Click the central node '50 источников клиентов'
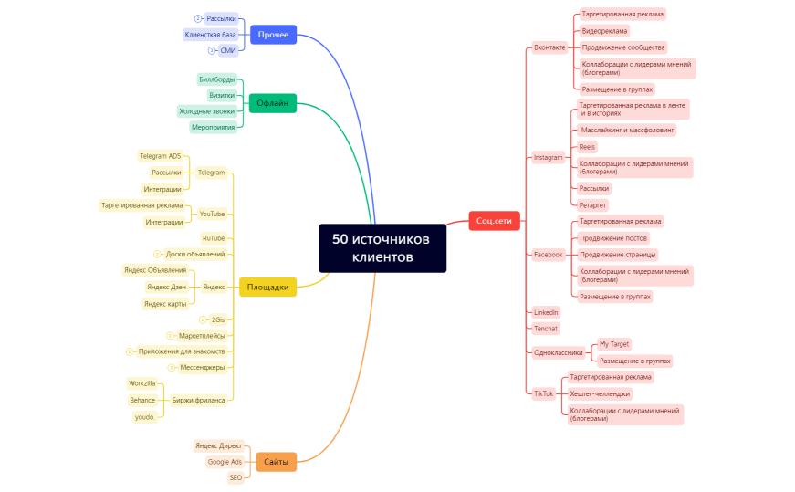pos(382,248)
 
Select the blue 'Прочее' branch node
pos(273,35)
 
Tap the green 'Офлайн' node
pos(272,103)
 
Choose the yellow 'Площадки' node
pos(267,288)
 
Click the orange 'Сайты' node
pos(277,462)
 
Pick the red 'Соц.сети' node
pos(494,221)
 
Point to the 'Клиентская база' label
pos(210,35)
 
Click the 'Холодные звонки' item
pos(206,111)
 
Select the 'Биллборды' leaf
pos(216,80)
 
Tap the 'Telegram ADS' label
pos(160,156)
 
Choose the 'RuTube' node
pos(213,238)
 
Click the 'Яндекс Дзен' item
pos(166,287)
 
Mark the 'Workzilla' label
pos(143,383)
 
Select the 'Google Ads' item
pos(225,462)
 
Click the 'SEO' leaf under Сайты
pos(235,477)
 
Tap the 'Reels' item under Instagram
pos(587,147)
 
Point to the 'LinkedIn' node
pos(546,312)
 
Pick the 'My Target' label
pos(613,344)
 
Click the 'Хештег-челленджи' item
pos(599,393)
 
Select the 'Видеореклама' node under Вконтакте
pos(604,31)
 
